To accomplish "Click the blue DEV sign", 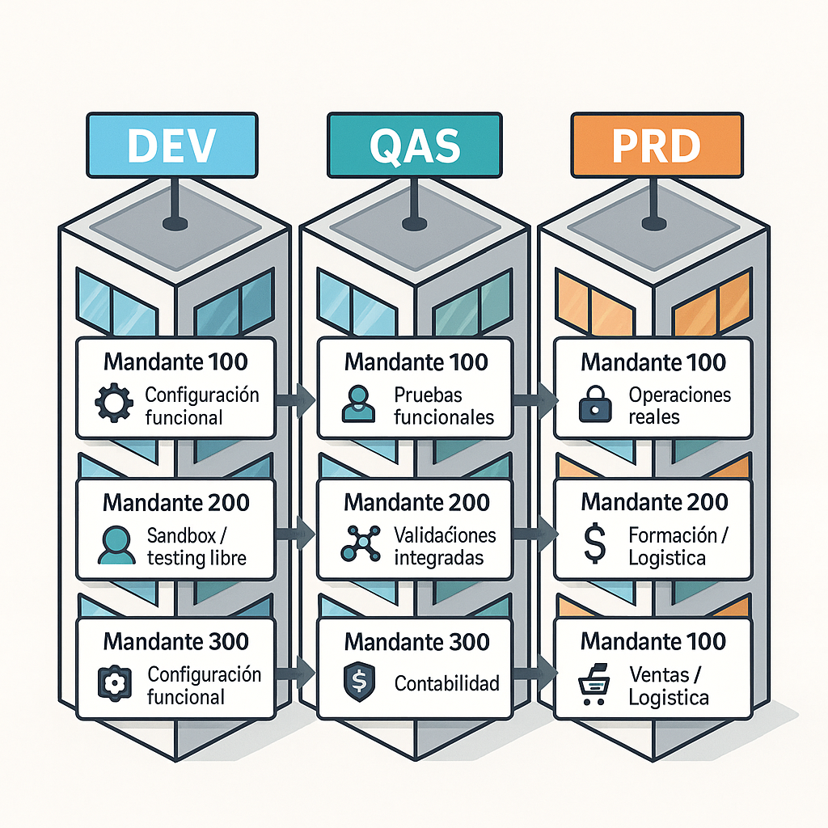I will coord(171,145).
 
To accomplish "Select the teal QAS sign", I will coord(413,145).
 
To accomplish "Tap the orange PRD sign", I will coord(656,145).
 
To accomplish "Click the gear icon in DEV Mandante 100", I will coord(113,403).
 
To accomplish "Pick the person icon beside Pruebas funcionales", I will coord(358,403).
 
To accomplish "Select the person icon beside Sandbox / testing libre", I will coord(116,544).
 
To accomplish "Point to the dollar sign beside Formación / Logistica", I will coord(595,543).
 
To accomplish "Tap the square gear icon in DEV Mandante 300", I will coord(113,683).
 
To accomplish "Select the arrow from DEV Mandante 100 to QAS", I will coord(296,399).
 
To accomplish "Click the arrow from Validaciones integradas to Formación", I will coord(536,533).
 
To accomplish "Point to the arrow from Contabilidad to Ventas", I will coord(536,670).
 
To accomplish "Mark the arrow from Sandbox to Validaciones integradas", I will coord(296,533).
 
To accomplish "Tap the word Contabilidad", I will coord(446,683).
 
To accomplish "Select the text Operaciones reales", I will coord(678,406).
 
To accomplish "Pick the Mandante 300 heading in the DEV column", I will coord(175,642).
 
